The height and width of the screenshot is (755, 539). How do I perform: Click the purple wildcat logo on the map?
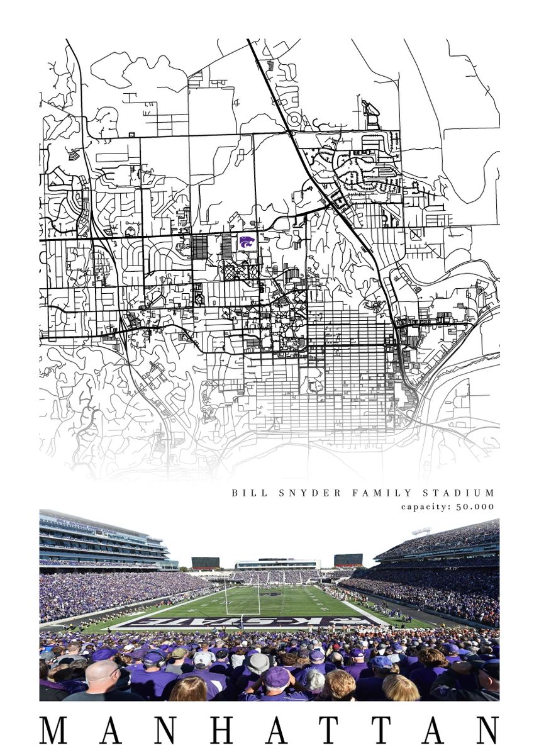[x=247, y=242]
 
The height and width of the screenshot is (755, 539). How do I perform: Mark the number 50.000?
[x=476, y=506]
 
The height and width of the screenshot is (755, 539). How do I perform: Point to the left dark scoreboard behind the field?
[x=206, y=562]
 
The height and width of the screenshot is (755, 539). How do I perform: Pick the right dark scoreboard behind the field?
[x=348, y=560]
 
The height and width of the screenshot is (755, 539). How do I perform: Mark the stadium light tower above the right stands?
[x=421, y=532]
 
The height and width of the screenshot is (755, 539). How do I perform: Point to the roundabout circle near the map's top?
[x=294, y=118]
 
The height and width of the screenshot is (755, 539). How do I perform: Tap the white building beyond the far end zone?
[x=277, y=564]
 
